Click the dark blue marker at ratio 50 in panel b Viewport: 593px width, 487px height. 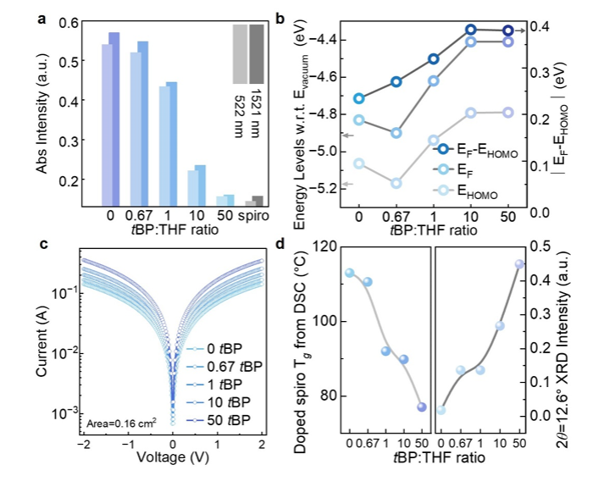pos(507,31)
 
